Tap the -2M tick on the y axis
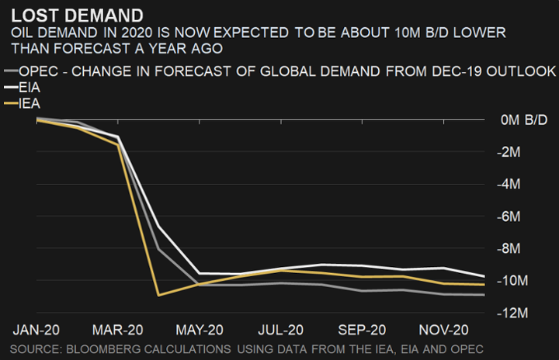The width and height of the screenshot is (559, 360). tap(513, 152)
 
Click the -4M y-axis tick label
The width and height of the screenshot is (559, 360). tap(513, 185)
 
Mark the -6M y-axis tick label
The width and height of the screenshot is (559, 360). tap(513, 216)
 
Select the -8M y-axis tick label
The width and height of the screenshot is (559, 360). tap(513, 248)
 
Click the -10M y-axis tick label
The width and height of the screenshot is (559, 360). tap(516, 280)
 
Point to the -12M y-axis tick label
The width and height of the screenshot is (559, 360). tap(516, 313)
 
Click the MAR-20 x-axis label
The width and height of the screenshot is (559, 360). tap(118, 329)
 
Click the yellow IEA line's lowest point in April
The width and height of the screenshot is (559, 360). tap(158, 295)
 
